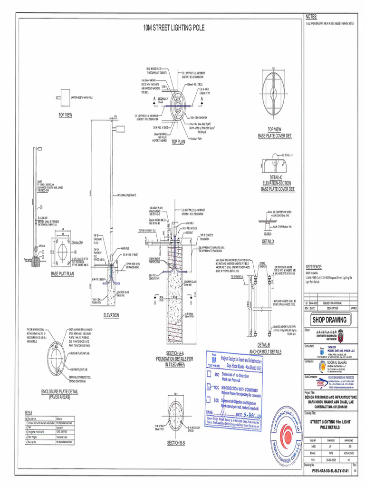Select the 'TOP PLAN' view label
[178, 142]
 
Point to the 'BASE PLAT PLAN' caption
[63, 274]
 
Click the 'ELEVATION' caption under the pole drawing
[111, 315]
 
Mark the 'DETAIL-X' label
[268, 242]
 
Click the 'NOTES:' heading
[311, 18]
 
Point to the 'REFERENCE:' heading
[314, 267]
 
